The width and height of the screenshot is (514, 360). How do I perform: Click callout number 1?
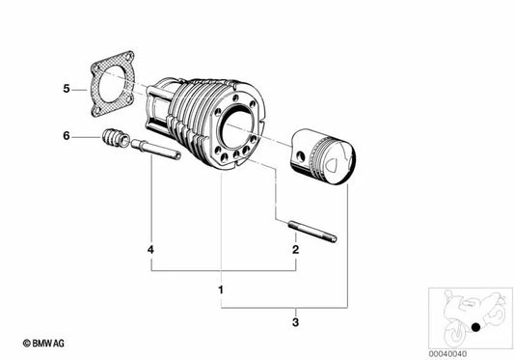point(221,289)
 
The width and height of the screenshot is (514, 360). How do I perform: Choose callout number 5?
point(67,90)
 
